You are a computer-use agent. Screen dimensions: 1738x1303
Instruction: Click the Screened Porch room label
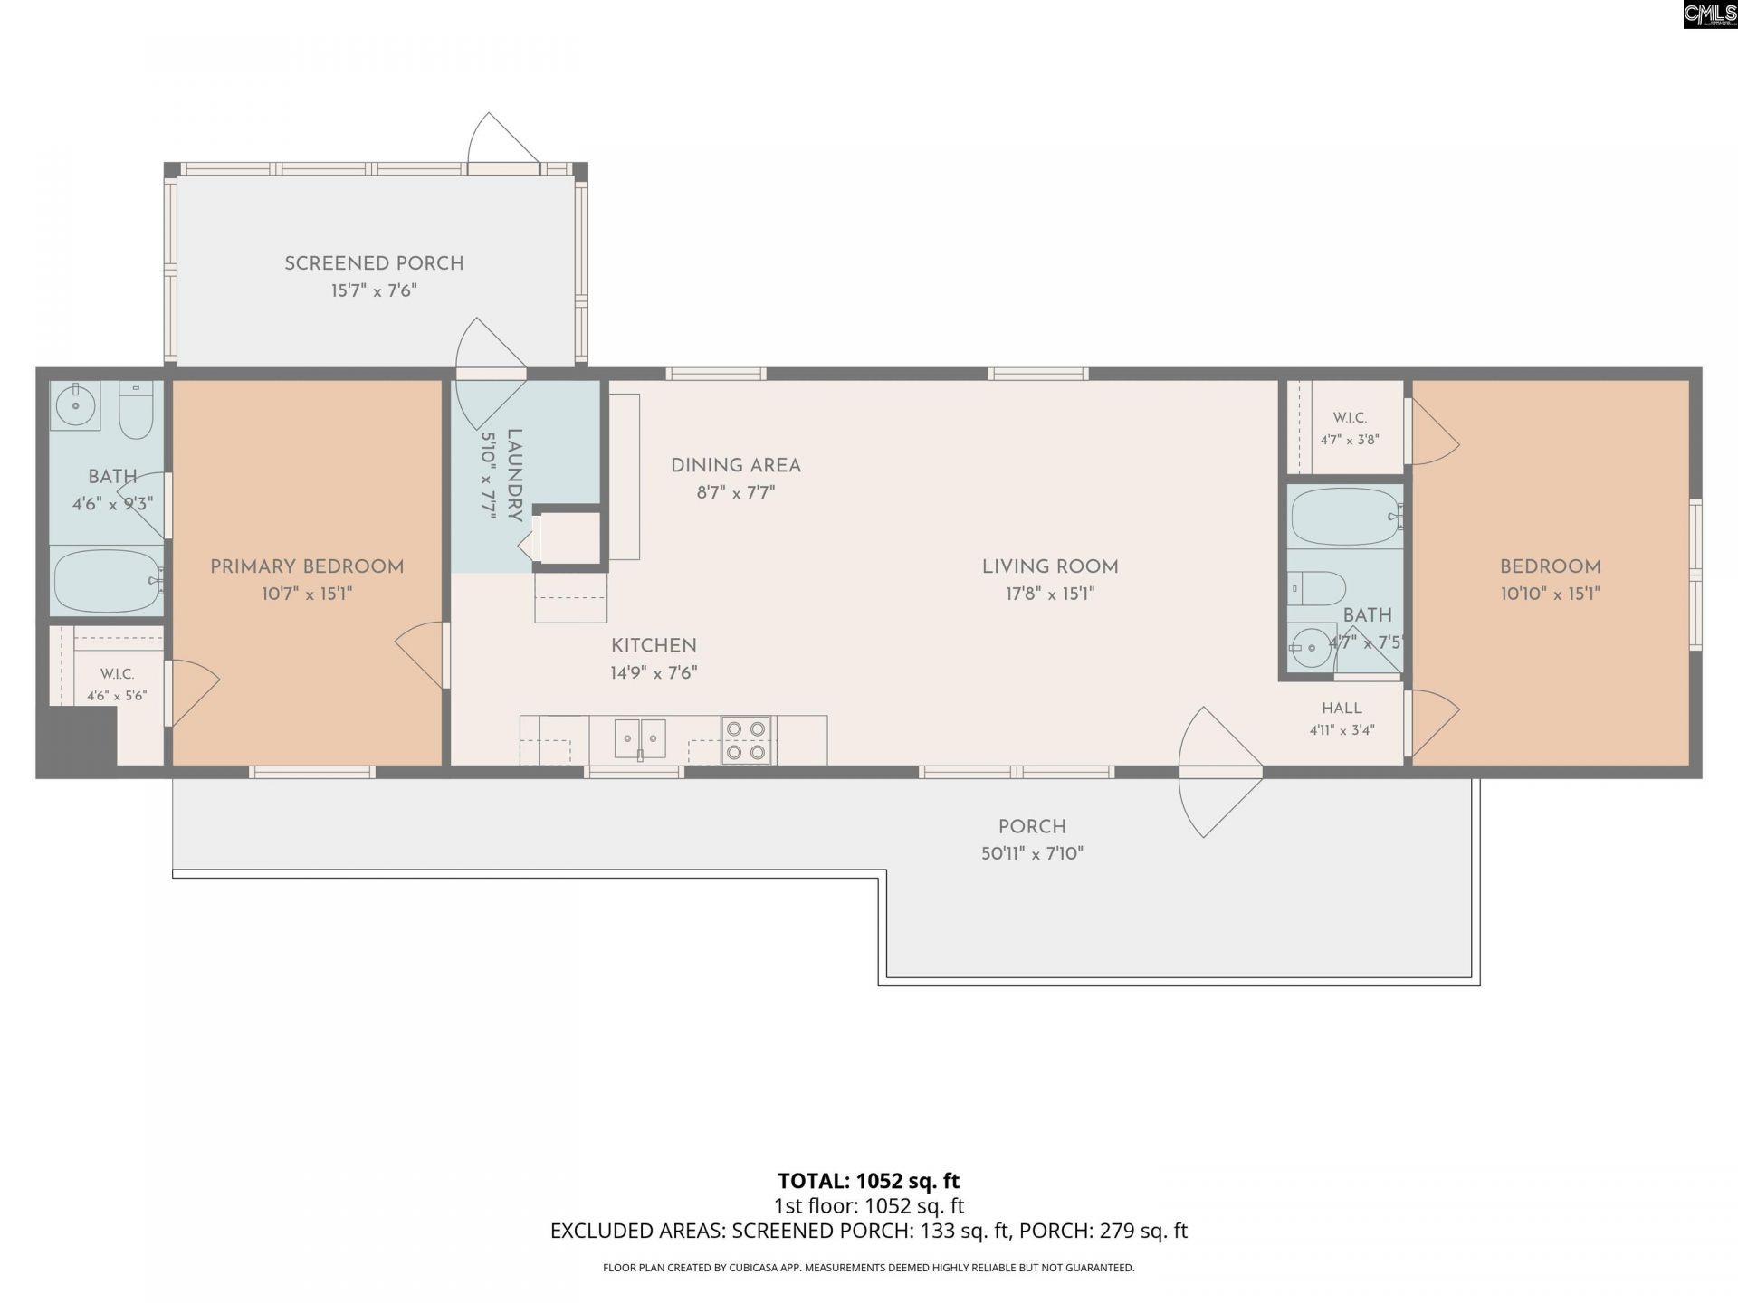pos(374,263)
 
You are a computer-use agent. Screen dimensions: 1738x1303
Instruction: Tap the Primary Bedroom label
pos(307,567)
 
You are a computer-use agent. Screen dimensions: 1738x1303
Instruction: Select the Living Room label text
pos(1050,567)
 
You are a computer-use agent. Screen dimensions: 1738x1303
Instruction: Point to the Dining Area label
pos(736,466)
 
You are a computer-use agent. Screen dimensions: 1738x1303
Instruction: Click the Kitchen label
pos(654,646)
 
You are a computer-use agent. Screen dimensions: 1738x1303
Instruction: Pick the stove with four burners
pos(746,740)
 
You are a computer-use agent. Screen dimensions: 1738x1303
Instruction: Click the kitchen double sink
pos(640,739)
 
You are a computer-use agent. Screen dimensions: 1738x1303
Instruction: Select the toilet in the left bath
pos(136,411)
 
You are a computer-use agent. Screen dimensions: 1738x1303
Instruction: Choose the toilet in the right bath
pos(1317,588)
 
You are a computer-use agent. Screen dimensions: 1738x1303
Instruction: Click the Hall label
pos(1342,709)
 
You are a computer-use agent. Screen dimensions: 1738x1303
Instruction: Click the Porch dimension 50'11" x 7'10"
pos(1032,853)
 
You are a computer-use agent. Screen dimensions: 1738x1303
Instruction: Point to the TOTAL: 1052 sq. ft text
pos(869,1181)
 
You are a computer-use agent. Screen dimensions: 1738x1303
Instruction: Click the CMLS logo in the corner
pos(1710,14)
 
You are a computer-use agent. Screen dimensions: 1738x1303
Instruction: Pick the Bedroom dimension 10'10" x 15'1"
pos(1551,594)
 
